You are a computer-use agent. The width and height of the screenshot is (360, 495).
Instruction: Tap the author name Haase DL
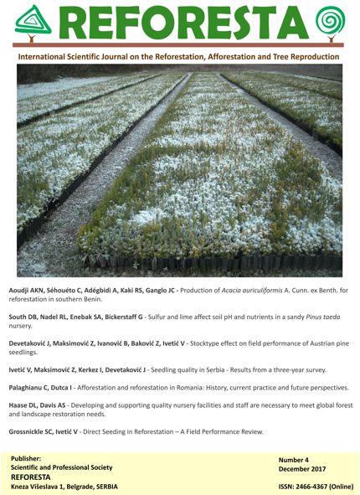point(30,410)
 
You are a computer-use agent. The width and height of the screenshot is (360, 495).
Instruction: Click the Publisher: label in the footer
point(30,460)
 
